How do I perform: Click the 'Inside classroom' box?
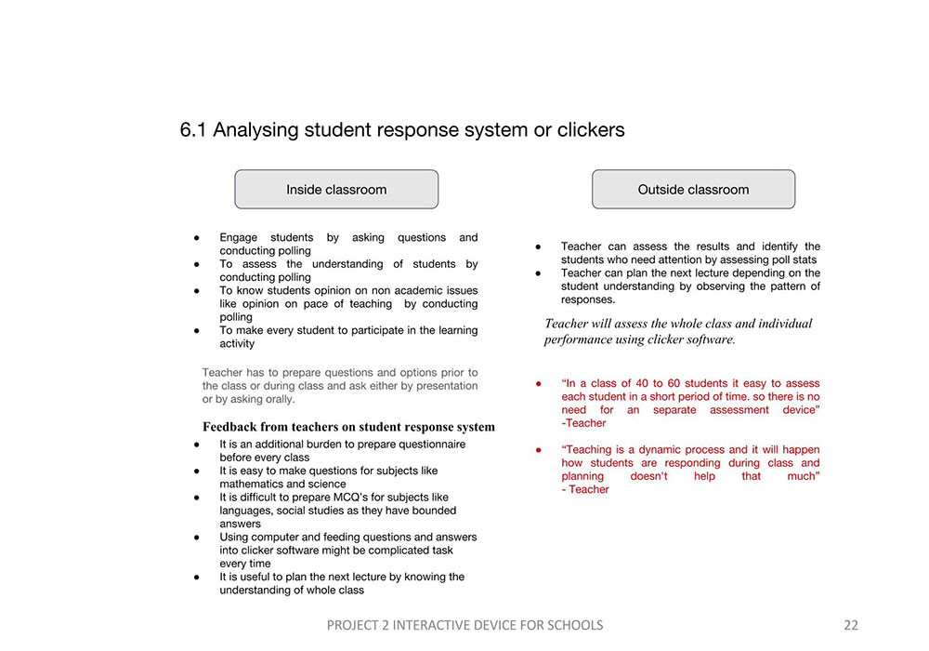pyautogui.click(x=336, y=190)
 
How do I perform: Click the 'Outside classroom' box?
pyautogui.click(x=693, y=190)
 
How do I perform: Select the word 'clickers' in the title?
pyautogui.click(x=590, y=130)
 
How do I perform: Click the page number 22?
pyautogui.click(x=851, y=625)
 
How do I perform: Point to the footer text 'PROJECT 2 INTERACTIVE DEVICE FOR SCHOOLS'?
pyautogui.click(x=464, y=625)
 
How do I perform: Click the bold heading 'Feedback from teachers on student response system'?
pyautogui.click(x=348, y=427)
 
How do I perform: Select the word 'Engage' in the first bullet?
pyautogui.click(x=240, y=238)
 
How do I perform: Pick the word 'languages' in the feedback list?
pyautogui.click(x=245, y=511)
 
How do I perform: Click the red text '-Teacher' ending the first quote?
pyautogui.click(x=583, y=423)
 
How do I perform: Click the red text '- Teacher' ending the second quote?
pyautogui.click(x=585, y=489)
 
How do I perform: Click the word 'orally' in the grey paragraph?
pyautogui.click(x=276, y=399)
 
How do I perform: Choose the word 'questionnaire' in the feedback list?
pyautogui.click(x=431, y=445)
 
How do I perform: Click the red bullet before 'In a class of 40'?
pyautogui.click(x=539, y=383)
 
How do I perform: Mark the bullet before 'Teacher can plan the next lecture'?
pyautogui.click(x=539, y=273)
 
